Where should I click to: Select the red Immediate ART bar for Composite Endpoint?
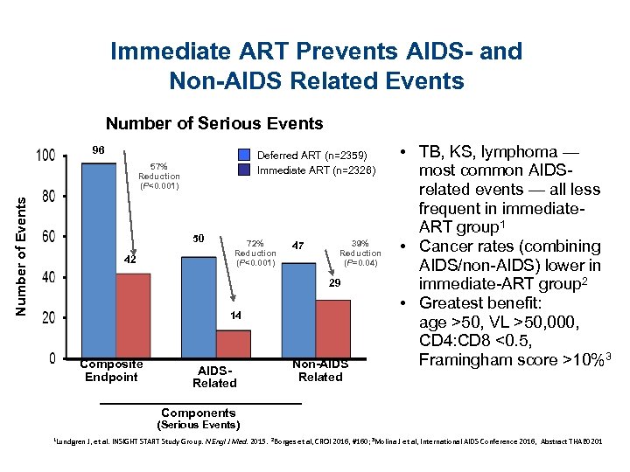[x=133, y=316]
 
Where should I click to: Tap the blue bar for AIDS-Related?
[x=199, y=306]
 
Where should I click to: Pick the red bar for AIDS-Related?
[x=234, y=343]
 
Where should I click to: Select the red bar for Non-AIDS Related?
[x=333, y=328]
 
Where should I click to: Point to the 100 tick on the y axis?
[x=45, y=156]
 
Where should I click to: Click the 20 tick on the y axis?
[x=47, y=317]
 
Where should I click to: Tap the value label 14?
[x=235, y=315]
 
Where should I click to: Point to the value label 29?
[x=334, y=285]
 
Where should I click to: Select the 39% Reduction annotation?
[x=360, y=253]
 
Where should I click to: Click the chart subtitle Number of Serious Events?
[x=214, y=123]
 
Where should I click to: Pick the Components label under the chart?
[x=199, y=413]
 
